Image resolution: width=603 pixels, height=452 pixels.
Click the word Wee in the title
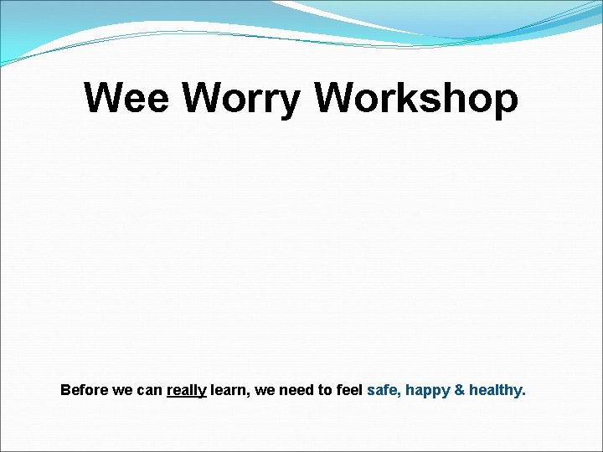127,99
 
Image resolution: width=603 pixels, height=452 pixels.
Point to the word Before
84,390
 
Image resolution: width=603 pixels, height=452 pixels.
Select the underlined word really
187,391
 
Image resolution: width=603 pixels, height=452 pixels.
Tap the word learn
229,390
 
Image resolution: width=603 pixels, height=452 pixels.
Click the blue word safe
382,390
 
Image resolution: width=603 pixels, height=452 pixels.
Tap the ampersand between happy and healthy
460,390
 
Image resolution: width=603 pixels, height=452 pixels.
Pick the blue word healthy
495,391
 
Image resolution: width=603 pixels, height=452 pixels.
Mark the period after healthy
524,394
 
